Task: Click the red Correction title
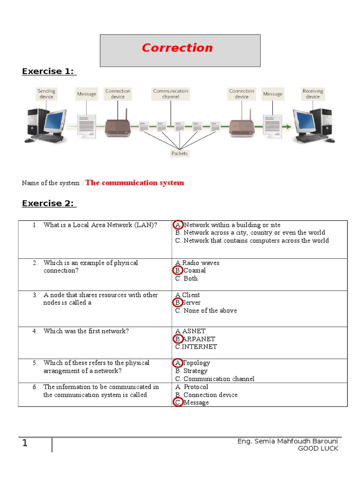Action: click(177, 48)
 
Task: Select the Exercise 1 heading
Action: click(49, 71)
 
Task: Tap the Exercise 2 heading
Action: click(49, 203)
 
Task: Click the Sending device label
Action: click(46, 94)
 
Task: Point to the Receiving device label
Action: click(313, 94)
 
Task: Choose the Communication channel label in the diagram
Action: click(171, 94)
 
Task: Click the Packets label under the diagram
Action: click(180, 153)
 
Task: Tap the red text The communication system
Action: click(135, 183)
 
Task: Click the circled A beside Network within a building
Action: click(178, 225)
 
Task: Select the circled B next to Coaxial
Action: click(178, 270)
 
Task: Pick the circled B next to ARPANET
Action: click(178, 339)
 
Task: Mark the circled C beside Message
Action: click(178, 403)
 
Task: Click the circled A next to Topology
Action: click(178, 363)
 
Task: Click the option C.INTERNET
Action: click(196, 347)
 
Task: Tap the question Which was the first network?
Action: click(86, 331)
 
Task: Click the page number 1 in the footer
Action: click(25, 443)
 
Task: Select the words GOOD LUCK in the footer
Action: click(318, 449)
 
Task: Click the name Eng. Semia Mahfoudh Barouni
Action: click(288, 442)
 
